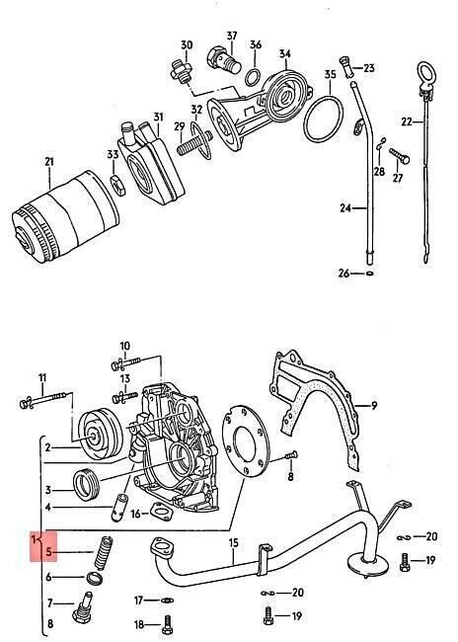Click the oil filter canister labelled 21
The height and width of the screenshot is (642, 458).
click(x=65, y=217)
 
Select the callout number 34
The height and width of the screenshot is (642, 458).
click(x=285, y=54)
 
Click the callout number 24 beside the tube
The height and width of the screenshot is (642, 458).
click(x=345, y=208)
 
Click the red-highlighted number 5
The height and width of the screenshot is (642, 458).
click(x=49, y=551)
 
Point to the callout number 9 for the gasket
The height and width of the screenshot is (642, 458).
click(x=374, y=406)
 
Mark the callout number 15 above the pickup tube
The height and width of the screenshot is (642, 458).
click(x=233, y=543)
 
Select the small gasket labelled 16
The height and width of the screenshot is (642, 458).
click(x=161, y=512)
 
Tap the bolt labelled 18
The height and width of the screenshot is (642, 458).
click(x=167, y=624)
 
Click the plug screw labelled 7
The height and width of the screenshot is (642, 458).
click(x=84, y=607)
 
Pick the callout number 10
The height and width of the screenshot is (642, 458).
click(x=124, y=346)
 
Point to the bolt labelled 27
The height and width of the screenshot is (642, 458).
click(x=399, y=156)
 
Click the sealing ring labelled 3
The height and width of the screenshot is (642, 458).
click(x=86, y=484)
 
